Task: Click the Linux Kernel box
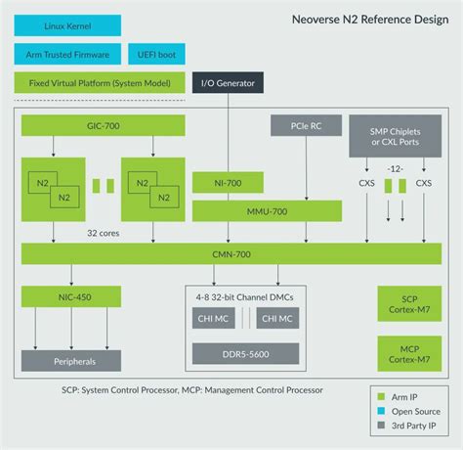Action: click(67, 25)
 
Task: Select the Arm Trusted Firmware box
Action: click(67, 54)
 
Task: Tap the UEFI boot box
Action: click(152, 54)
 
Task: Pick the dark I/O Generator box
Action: click(229, 83)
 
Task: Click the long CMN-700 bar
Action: click(231, 254)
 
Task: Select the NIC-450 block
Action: click(71, 296)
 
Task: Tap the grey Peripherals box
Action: click(71, 361)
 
